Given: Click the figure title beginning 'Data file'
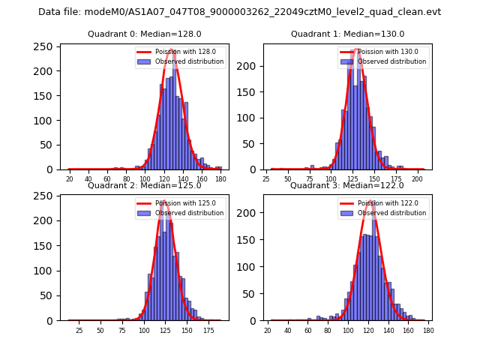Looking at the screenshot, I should (x=240, y=12).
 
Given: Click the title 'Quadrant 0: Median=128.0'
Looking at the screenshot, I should (x=145, y=34).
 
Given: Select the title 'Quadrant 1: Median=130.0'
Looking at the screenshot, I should (x=347, y=34).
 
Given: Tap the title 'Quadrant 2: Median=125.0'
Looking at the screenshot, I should (x=145, y=185).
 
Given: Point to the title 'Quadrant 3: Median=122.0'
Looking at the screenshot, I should (x=347, y=185).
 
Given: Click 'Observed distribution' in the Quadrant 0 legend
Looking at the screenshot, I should (x=189, y=61).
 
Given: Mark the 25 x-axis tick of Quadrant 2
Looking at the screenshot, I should (x=79, y=331).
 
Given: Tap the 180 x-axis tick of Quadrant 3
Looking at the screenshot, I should (x=427, y=331).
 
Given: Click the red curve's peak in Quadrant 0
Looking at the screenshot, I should (x=172, y=49).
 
